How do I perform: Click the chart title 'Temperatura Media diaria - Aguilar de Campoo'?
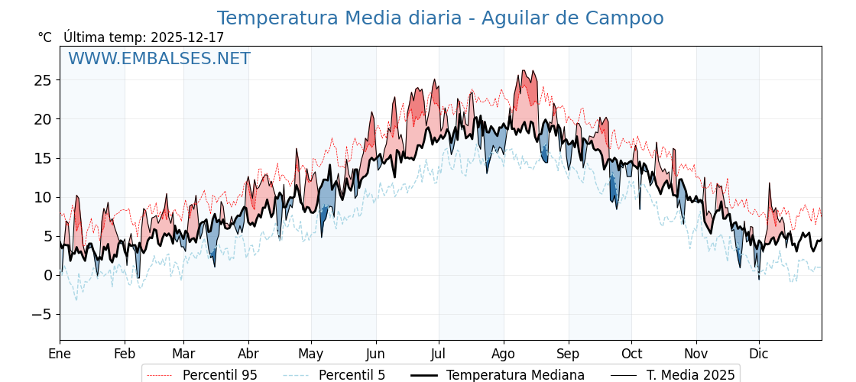coord(440,18)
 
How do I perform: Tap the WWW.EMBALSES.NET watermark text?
coord(159,59)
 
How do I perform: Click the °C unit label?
coord(44,37)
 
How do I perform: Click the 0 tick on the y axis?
coord(47,275)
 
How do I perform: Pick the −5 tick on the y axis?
coord(42,314)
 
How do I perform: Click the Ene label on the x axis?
coord(60,354)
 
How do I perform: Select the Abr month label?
coord(248,354)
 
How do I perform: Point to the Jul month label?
coord(439,354)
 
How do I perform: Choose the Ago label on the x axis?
coord(504,354)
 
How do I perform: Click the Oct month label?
coord(631,354)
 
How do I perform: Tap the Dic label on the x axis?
coord(759,354)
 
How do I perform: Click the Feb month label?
coord(125,354)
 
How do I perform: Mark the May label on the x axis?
coord(311,354)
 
